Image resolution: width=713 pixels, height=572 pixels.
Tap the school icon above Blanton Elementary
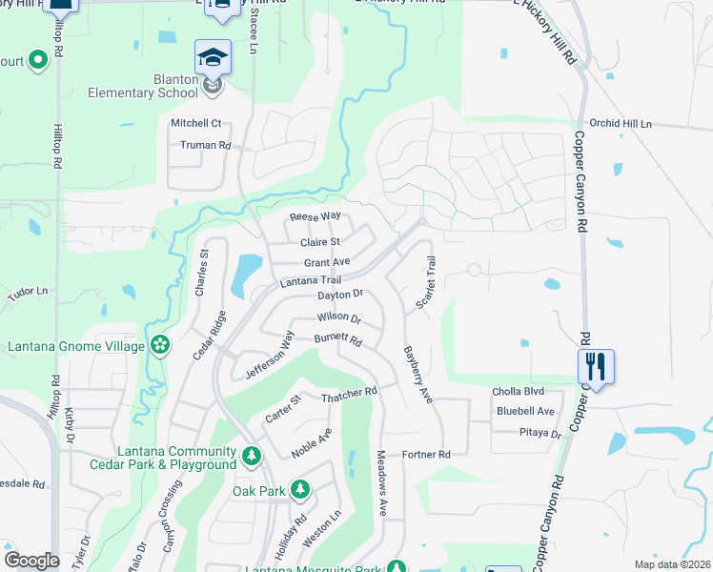[213, 56]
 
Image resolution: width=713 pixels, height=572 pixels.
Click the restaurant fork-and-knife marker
[596, 365]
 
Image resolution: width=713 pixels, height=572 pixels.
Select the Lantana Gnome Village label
[73, 345]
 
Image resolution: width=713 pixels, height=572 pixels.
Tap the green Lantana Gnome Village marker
[159, 344]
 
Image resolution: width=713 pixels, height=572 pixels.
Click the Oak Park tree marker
[300, 490]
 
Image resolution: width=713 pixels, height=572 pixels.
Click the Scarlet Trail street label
[425, 283]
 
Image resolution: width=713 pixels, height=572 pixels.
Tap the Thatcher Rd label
[350, 392]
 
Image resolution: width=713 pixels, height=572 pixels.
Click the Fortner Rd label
[426, 455]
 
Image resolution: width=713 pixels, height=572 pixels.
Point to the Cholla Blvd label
[518, 392]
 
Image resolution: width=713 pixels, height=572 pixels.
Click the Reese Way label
[316, 216]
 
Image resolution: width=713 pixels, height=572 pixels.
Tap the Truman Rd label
[206, 146]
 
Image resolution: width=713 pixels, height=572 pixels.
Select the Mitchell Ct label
[195, 123]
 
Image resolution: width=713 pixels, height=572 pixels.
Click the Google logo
[31, 560]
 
